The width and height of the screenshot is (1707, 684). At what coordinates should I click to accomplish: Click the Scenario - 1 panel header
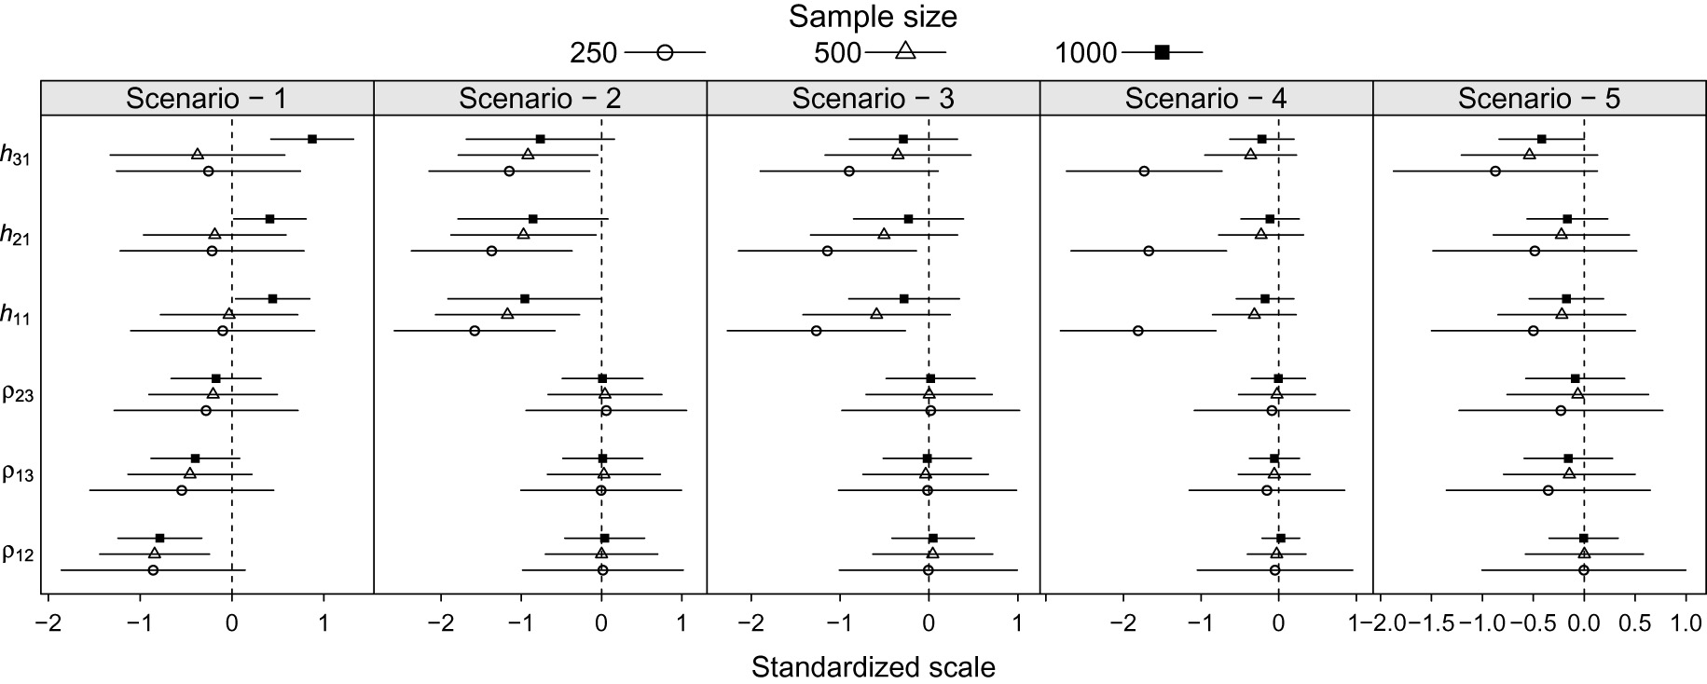coord(207,98)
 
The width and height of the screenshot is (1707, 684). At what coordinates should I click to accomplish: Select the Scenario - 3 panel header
coord(873,98)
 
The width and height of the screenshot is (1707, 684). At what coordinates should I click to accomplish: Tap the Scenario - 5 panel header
coord(1539,98)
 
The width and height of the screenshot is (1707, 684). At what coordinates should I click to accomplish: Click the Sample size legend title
coord(873,17)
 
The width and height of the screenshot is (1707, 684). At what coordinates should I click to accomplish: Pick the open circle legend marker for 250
coord(665,53)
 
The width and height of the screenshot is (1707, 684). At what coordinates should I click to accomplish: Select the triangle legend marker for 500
coord(905,52)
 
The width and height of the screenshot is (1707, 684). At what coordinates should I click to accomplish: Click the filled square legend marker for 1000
coord(1162,53)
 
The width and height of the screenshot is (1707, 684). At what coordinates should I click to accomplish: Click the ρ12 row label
coord(19,554)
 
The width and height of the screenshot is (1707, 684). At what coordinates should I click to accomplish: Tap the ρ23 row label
coord(19,395)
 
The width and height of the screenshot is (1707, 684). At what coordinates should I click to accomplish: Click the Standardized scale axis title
coord(873,667)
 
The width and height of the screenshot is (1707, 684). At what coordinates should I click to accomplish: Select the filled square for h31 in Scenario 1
coord(312,139)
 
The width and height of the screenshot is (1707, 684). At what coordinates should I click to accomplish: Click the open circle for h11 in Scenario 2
coord(475,331)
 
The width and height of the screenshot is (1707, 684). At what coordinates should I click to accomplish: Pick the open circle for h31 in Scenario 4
coord(1144,171)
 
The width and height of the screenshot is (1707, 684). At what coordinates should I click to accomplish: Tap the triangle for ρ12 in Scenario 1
coord(155,554)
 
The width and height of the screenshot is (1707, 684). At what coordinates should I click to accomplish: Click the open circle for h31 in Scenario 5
coord(1495,171)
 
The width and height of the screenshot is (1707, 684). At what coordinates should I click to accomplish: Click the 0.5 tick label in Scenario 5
coord(1635,622)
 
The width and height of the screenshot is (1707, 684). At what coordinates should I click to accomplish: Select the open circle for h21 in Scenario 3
coord(827,251)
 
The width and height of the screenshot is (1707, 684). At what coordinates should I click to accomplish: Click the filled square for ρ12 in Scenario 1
coord(159,538)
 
